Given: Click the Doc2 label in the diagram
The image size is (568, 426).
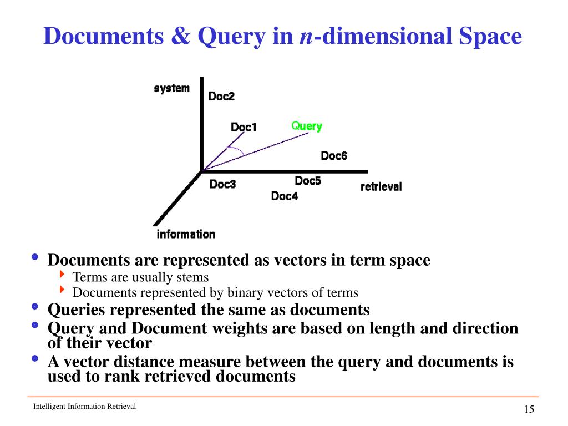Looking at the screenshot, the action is (221, 97).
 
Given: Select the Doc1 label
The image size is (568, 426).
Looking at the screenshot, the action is (244, 128).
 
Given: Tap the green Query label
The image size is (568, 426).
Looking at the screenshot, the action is (307, 126).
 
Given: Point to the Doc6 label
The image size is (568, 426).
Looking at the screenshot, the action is (334, 156).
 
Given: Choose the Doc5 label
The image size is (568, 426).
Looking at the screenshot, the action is (308, 181).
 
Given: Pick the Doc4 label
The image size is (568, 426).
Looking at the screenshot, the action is (284, 196).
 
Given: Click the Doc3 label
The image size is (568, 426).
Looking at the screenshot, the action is (222, 184).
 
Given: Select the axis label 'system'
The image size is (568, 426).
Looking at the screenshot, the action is (171, 88).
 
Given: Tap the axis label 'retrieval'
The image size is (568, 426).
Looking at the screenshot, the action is (381, 187).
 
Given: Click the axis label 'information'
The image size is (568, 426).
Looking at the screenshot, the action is (186, 234).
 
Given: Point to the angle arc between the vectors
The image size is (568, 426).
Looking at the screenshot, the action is (237, 151).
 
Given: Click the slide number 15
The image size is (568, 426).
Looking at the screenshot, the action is (528, 409).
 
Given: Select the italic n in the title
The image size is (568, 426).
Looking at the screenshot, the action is (305, 37).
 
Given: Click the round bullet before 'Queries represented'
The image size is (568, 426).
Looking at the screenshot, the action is (35, 307).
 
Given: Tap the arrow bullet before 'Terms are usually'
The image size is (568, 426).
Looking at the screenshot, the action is (62, 276).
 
